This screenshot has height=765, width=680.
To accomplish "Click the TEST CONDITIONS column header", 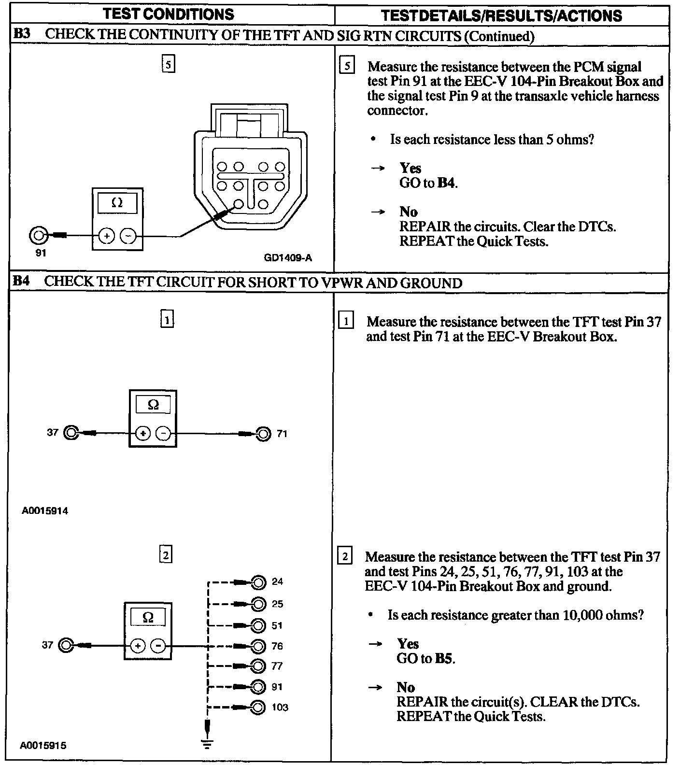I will [x=169, y=14].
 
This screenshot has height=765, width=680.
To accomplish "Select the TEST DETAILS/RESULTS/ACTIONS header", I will [x=501, y=15].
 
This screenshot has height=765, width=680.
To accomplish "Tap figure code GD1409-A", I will [x=288, y=258].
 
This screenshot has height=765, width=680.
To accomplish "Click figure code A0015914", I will [x=45, y=510].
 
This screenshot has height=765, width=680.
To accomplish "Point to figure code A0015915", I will [x=43, y=746].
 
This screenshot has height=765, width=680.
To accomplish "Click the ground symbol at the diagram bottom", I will [x=208, y=744].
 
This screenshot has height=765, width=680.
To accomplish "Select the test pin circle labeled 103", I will [x=258, y=708].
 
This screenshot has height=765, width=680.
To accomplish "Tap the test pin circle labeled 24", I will [x=258, y=582].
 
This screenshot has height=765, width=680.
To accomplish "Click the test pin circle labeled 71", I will [x=264, y=434].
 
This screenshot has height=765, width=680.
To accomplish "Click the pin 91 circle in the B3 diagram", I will [x=38, y=236].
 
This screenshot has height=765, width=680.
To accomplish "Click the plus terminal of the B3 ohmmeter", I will [x=107, y=236].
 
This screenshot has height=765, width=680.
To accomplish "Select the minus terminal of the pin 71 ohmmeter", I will [x=164, y=434].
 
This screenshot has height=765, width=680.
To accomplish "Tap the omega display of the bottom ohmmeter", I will [x=148, y=618].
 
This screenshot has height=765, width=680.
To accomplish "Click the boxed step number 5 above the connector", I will [x=168, y=64].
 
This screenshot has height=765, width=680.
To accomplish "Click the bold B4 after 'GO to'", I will [x=446, y=183].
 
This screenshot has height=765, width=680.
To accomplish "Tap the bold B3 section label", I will [x=21, y=35].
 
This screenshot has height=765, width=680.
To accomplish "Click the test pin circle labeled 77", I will [x=258, y=666].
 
